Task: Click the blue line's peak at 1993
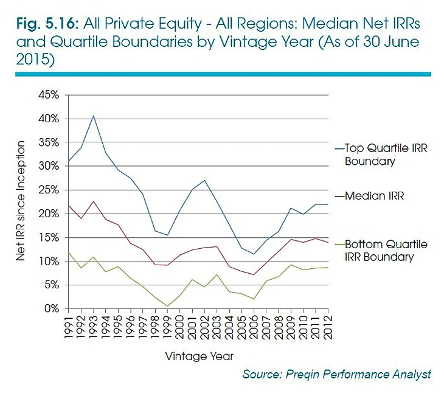(93, 116)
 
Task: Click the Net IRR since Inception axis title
(21, 201)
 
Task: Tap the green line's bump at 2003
(217, 275)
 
